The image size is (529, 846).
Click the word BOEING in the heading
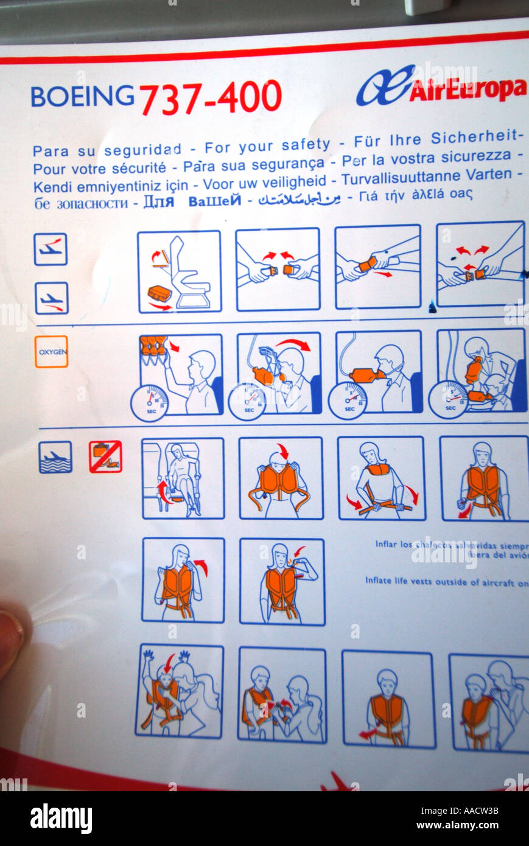click(x=82, y=96)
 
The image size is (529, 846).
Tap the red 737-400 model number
click(x=211, y=98)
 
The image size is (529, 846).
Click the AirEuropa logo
click(x=441, y=87)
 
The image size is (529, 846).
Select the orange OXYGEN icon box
click(x=51, y=351)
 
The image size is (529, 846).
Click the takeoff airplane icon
click(x=51, y=249)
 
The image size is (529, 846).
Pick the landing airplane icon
click(x=51, y=298)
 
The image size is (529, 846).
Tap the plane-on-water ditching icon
click(x=55, y=456)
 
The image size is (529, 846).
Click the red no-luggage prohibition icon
click(x=105, y=456)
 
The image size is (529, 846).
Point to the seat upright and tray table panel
click(x=179, y=271)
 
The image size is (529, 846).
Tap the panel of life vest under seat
click(x=183, y=478)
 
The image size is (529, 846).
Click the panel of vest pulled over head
click(x=281, y=478)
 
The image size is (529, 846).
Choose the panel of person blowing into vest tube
click(x=282, y=581)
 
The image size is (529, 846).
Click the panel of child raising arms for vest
click(x=179, y=691)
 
